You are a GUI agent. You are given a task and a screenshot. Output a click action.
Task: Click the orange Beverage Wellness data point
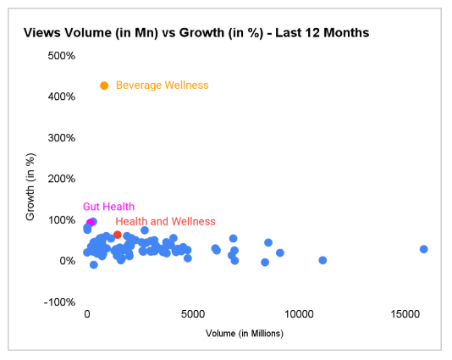[104, 86]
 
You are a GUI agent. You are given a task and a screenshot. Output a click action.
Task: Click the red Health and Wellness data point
[118, 235]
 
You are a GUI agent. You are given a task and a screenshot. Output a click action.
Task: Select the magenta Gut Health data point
[90, 223]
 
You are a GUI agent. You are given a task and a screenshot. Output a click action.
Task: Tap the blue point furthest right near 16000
[423, 249]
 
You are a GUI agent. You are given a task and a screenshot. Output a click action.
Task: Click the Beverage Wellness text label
[162, 86]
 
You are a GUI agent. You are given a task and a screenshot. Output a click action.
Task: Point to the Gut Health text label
[108, 207]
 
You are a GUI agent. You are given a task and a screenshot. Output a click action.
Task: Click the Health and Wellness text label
[165, 221]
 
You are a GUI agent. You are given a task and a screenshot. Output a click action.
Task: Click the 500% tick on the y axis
[61, 56]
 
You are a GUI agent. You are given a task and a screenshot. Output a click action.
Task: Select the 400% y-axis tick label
[61, 97]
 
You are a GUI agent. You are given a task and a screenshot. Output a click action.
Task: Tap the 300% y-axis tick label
[61, 138]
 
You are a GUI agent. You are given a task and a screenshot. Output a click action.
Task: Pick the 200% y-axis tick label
[61, 179]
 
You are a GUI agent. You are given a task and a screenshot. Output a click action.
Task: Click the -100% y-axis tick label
[59, 302]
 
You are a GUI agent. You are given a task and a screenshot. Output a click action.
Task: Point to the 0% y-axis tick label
[67, 261]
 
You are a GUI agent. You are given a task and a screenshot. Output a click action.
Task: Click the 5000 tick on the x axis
[193, 314]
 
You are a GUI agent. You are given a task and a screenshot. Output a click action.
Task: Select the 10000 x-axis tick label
[299, 314]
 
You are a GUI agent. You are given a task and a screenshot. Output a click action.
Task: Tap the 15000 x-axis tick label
[405, 314]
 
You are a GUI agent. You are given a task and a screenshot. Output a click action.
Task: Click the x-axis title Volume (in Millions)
[244, 334]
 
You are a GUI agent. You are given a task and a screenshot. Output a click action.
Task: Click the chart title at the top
[196, 33]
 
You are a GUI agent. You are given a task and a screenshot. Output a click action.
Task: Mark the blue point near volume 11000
[322, 260]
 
